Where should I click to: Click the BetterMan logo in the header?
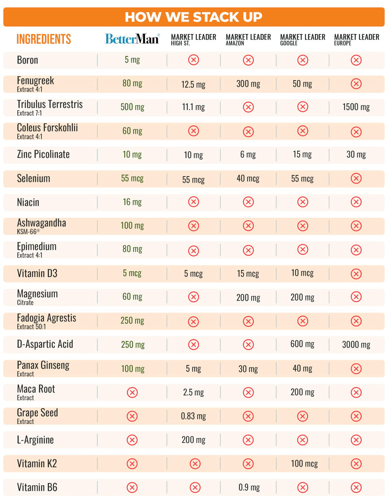point(132,39)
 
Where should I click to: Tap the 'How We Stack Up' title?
point(194,17)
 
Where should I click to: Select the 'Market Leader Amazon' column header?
point(248,39)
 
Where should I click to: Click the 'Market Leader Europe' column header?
point(356,39)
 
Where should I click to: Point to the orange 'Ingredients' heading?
point(44,39)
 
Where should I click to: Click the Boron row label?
point(28,60)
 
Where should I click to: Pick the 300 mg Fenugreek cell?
point(248,84)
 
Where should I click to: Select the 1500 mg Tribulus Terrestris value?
point(356,107)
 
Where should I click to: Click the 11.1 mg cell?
point(194,107)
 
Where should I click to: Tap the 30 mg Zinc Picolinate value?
point(356,154)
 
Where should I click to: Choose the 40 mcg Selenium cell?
point(248,178)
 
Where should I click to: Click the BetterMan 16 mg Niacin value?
point(132,202)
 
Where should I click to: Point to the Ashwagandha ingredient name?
point(41,223)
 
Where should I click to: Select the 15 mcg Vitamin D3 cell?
point(248,274)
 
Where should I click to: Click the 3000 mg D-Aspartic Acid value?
point(356,344)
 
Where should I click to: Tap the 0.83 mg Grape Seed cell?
point(194,416)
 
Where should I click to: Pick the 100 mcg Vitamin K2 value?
point(304,464)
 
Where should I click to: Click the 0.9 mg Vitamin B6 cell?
point(249,487)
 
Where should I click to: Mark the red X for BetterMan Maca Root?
point(132,392)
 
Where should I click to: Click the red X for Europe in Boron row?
point(356,60)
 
